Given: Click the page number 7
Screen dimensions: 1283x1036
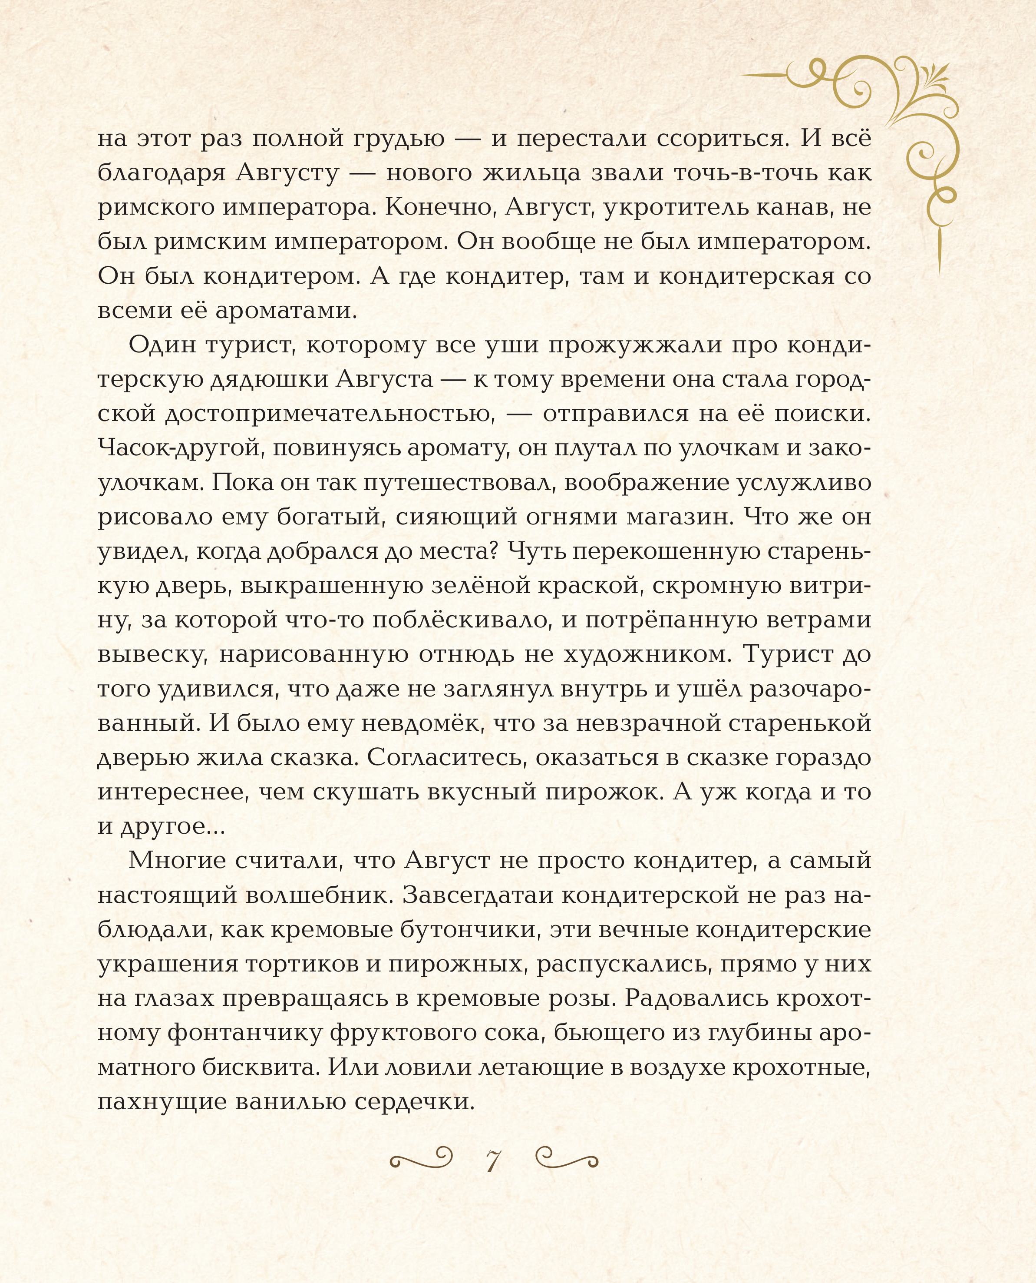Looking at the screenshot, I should tap(493, 1160).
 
